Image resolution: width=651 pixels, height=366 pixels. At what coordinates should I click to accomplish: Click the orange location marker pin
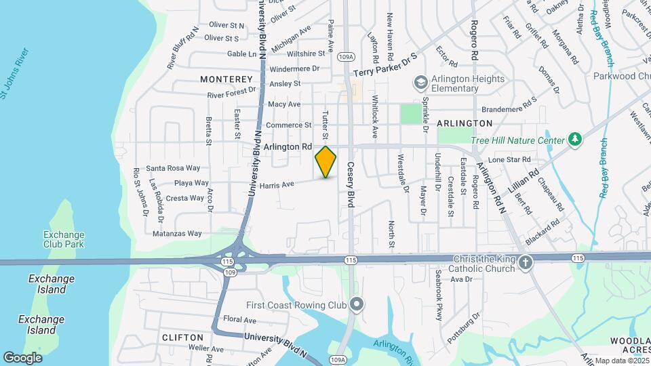(325, 162)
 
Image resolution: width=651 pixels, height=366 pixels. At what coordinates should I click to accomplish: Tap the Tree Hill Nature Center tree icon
(576, 139)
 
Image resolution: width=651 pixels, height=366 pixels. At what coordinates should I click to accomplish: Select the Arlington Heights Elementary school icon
(420, 83)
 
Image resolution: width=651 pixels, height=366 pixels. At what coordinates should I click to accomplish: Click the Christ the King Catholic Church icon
(526, 262)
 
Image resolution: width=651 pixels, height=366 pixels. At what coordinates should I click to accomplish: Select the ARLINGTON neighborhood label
(464, 123)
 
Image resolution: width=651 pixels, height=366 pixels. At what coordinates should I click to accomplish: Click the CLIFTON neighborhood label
(183, 337)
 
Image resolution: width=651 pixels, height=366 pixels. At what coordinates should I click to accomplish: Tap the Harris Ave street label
(277, 184)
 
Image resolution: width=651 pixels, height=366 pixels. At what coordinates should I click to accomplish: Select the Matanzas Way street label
(177, 233)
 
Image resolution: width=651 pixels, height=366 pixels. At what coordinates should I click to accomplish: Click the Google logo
(22, 357)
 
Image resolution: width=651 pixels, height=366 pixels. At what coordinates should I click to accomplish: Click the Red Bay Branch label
(605, 168)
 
